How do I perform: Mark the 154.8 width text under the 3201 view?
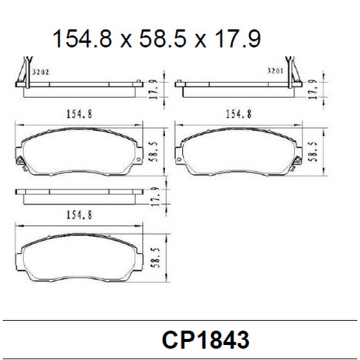[x=237, y=113]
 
